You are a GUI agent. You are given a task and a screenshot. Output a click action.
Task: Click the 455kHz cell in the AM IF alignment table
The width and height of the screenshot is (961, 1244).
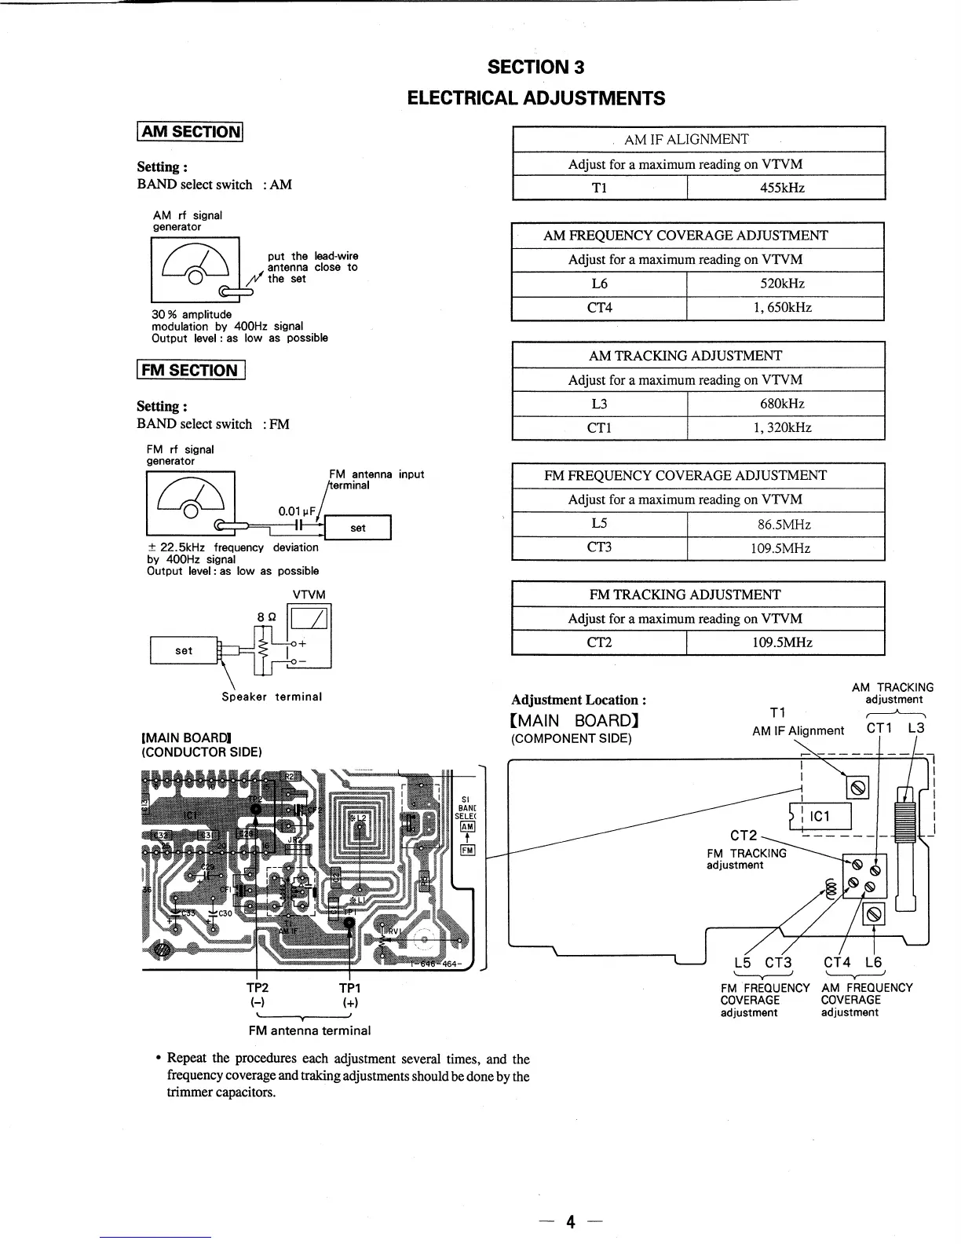[x=785, y=188]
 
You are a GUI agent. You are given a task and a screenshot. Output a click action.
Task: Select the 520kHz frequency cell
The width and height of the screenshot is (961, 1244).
[x=785, y=284]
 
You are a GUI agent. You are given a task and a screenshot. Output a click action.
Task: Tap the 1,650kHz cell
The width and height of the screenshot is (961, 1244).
[x=785, y=308]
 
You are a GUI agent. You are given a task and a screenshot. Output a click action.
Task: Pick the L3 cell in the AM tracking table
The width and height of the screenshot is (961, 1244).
[x=599, y=404]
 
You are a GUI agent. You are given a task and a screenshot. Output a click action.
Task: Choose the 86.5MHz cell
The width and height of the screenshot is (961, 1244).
[x=785, y=524]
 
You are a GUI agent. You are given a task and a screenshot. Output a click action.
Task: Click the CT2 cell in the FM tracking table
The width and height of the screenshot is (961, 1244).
[x=599, y=642]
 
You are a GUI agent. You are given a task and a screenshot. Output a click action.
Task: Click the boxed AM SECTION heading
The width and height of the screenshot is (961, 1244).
[x=190, y=132]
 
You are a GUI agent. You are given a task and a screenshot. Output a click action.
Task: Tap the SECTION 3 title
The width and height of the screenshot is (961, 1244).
[x=535, y=67]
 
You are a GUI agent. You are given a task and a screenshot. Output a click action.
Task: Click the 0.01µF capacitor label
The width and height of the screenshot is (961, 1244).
[x=297, y=511]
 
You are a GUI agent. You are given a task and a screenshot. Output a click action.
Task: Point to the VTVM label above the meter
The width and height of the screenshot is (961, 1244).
[x=309, y=595]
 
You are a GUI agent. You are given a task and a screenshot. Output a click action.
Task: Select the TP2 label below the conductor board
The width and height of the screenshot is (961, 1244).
[x=257, y=988]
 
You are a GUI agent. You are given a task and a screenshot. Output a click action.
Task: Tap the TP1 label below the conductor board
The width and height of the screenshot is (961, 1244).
[x=349, y=988]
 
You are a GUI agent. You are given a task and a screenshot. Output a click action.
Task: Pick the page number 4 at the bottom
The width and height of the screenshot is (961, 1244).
[x=571, y=1221]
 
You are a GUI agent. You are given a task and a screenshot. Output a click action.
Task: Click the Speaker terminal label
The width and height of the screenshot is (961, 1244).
[x=272, y=697]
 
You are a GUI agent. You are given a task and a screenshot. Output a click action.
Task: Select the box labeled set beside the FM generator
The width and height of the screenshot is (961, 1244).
[x=358, y=528]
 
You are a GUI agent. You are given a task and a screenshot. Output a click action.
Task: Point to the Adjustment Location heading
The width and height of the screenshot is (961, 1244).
[x=579, y=700]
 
